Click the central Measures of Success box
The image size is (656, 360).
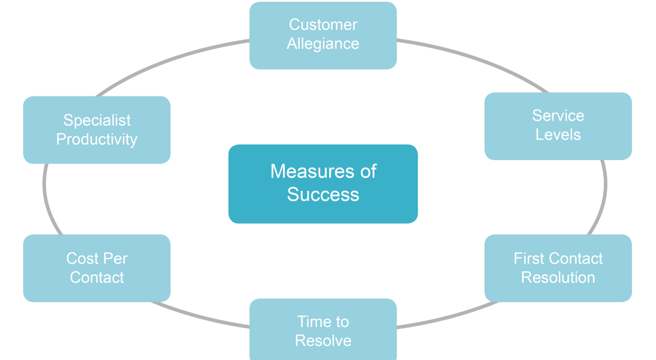pos(323,184)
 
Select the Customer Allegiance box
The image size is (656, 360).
pos(323,35)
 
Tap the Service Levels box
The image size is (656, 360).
pos(558,126)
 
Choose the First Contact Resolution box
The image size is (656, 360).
pos(558,268)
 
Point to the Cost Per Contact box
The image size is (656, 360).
pos(97,268)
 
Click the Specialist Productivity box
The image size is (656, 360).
pos(97,129)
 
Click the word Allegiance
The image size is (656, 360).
pos(323,44)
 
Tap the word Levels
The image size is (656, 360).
pos(558,135)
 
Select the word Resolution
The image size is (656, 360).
pos(558,277)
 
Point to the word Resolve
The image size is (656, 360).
pos(323,340)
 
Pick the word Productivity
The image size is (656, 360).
pos(97,139)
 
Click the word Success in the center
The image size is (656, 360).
pos(323,194)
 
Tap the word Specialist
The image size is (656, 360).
pos(97,120)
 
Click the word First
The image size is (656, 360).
pos(527,258)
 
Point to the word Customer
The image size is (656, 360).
pos(323,25)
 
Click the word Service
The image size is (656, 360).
pos(558,116)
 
